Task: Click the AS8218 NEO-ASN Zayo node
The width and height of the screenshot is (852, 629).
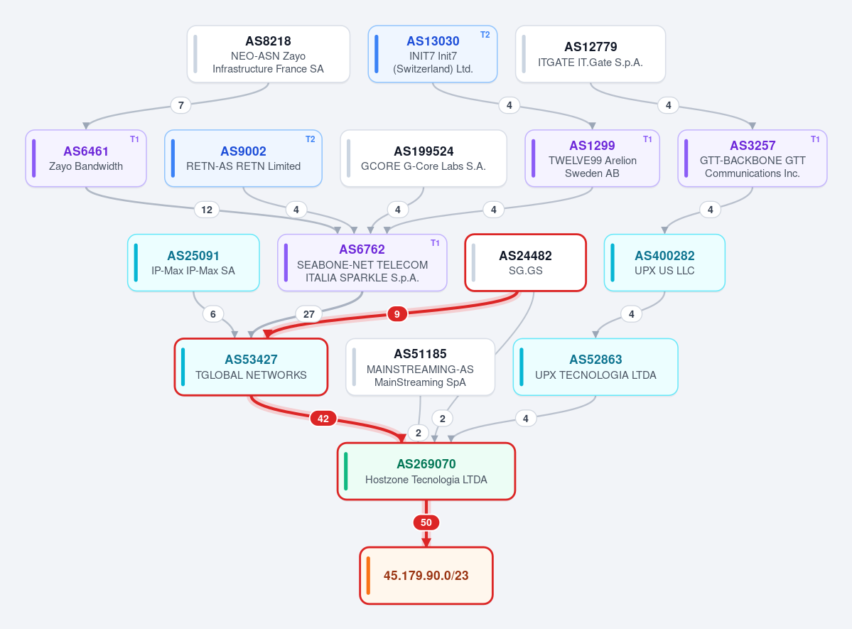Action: coord(269,54)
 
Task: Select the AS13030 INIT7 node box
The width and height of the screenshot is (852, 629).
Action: coord(433,54)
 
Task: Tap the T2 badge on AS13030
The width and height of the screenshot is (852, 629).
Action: coord(485,35)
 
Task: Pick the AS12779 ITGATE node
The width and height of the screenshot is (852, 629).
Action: coord(591,54)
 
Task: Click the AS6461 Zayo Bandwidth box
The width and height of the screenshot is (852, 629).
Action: coord(86,158)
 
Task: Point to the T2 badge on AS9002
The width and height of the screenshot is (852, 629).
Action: coord(310,139)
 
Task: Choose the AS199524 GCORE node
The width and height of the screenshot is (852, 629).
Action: coord(424,158)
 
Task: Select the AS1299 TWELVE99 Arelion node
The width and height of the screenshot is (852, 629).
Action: coord(592,158)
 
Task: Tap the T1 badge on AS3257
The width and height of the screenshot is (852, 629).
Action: coord(815,139)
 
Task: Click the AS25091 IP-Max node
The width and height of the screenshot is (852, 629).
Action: coord(193,262)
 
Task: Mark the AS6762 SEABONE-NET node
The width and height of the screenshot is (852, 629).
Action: coord(362,262)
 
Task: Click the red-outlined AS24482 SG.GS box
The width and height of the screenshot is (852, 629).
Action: coord(525,262)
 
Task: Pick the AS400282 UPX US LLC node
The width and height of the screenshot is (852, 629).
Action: coord(664,262)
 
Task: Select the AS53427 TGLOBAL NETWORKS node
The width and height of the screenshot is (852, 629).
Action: coord(251,367)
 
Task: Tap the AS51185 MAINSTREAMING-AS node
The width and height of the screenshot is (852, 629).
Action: coord(421,367)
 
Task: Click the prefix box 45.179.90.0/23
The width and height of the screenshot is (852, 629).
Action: coord(426,576)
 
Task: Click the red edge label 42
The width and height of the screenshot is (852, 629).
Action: coord(323,419)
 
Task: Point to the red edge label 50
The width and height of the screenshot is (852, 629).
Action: coord(426,522)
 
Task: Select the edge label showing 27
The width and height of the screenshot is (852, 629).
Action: coord(308,314)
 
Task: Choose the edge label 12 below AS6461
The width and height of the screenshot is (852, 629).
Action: coord(207,210)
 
